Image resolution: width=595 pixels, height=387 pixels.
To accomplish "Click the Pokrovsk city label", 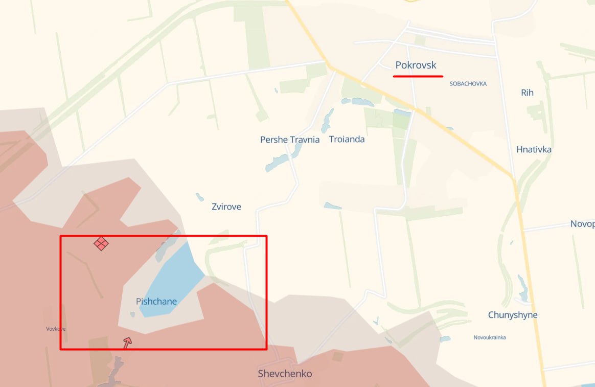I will coord(416,65).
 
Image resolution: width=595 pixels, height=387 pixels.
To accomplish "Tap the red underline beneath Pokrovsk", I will coord(418,76).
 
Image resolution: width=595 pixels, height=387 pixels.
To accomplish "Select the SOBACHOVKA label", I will coord(468,83).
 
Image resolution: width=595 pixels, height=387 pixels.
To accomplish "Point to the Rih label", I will coord(527,93).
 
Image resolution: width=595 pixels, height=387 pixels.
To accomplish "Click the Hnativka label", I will coord(534,150).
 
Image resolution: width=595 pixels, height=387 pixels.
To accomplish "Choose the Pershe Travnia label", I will coord(290,140).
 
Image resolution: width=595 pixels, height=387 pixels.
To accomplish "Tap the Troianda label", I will coord(347,139).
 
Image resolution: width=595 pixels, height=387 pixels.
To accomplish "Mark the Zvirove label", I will coord(226,207).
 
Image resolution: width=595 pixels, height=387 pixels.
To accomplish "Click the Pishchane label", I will coord(156,302).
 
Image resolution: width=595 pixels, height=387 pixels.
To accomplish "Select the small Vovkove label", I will coord(56,329).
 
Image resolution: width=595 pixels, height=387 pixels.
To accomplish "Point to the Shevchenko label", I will coord(285,374).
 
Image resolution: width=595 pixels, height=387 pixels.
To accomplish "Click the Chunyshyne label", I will coord(513,315).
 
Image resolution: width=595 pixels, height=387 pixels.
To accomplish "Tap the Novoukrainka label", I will coord(489,337).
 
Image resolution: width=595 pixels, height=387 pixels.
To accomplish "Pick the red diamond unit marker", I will coord(101,243).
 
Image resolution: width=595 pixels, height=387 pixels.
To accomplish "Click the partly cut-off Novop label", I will coord(582,224).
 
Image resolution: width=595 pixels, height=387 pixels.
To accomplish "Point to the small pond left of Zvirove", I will coord(199,197).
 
